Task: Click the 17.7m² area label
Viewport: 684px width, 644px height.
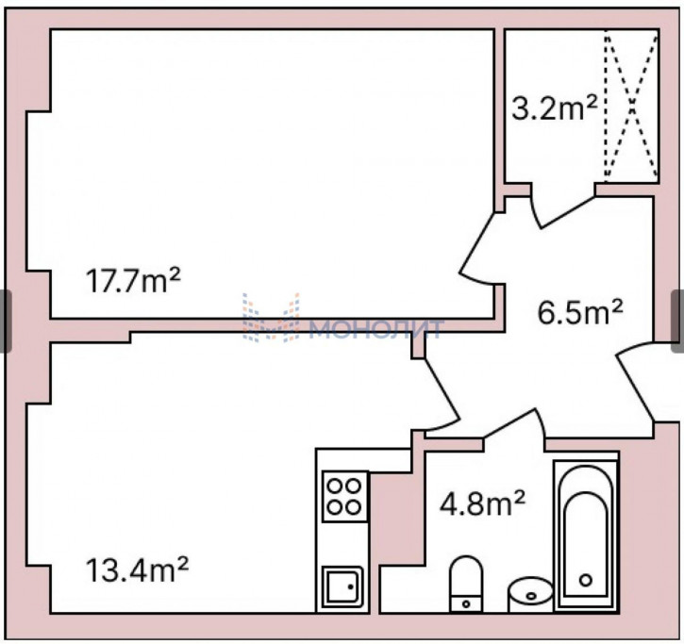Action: tap(133, 280)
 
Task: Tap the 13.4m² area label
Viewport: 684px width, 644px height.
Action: tap(137, 570)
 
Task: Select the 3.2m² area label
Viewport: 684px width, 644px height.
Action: tap(554, 108)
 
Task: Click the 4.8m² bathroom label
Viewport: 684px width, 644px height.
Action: tap(482, 504)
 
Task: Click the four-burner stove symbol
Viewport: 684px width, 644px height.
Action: tap(344, 497)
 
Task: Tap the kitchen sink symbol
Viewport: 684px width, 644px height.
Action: tap(342, 586)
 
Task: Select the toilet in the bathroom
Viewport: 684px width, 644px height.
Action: tap(466, 584)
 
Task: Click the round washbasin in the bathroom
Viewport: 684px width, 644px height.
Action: tap(530, 594)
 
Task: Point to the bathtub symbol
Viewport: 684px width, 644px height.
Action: tap(586, 536)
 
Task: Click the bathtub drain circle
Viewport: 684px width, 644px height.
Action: tap(586, 580)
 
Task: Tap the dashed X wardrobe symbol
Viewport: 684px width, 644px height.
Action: tap(631, 106)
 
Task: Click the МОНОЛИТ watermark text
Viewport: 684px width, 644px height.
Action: tap(375, 329)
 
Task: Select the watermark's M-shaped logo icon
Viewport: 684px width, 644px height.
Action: tap(271, 318)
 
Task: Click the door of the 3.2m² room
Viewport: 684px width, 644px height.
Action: tap(562, 211)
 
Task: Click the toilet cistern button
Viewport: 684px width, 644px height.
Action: tap(466, 604)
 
